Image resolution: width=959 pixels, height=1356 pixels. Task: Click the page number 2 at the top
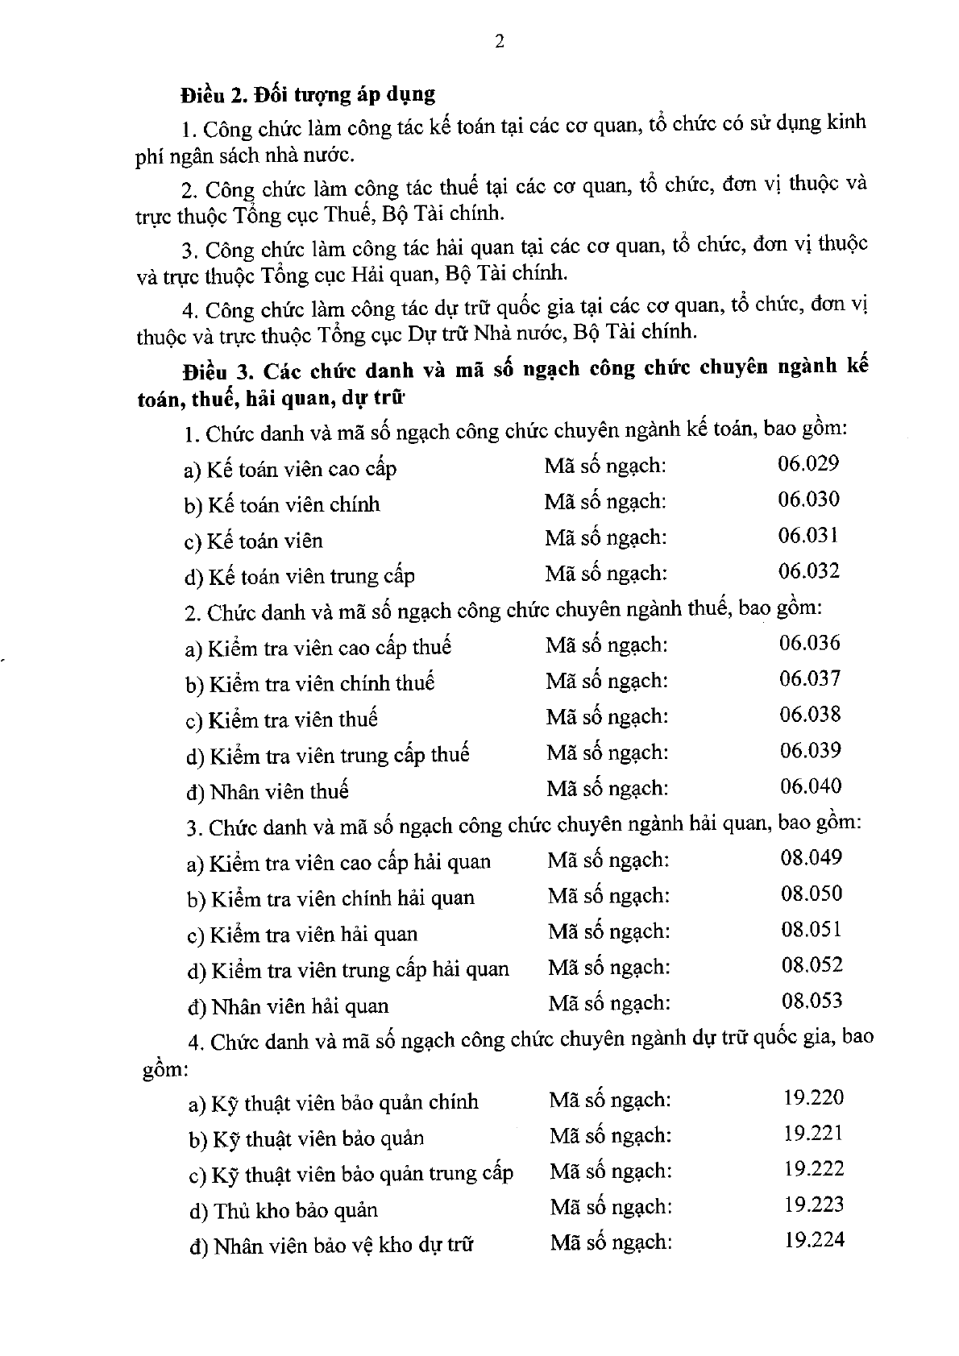tap(499, 43)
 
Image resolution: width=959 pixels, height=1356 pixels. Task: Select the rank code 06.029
tap(808, 463)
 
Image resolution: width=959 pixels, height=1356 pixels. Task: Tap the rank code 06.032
tap(808, 571)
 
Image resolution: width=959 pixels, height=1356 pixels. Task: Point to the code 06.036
tap(809, 643)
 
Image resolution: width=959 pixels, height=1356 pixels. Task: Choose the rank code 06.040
tap(811, 786)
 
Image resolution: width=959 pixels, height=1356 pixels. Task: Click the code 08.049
tap(811, 857)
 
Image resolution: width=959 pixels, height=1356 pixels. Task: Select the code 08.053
tap(812, 1001)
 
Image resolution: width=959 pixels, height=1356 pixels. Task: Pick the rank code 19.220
tap(813, 1097)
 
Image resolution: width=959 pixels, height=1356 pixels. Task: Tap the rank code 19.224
tap(815, 1240)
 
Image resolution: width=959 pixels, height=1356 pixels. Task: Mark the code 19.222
tap(814, 1169)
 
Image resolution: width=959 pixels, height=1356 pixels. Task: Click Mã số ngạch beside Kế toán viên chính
tap(605, 501)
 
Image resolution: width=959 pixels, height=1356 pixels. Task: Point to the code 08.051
tap(812, 930)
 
